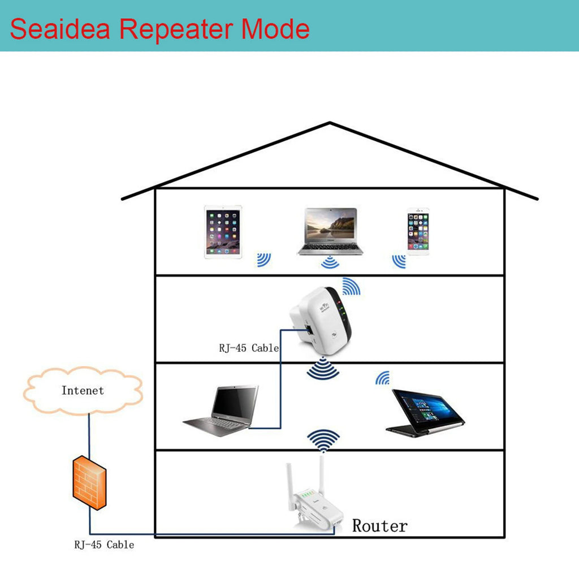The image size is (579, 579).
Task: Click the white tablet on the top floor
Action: (222, 232)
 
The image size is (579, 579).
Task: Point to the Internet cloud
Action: (83, 391)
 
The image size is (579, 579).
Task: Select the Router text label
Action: (379, 526)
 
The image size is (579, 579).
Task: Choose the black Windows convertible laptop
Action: (426, 412)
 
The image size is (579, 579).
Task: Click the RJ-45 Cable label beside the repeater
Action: (249, 348)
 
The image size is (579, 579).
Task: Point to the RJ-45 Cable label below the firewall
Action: (104, 545)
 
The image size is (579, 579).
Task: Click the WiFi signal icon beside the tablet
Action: (263, 260)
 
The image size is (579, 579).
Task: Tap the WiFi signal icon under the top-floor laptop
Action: (329, 262)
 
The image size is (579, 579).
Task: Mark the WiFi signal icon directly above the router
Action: (323, 440)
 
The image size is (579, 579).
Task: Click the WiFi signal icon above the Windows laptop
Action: (383, 378)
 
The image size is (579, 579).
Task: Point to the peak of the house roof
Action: (330, 123)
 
